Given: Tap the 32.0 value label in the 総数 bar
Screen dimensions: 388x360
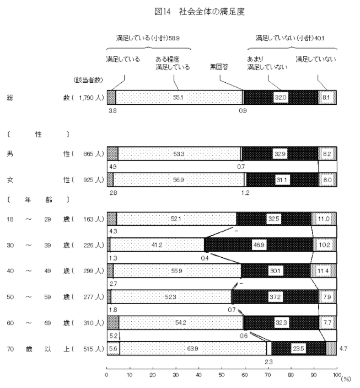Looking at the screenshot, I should tap(281, 97).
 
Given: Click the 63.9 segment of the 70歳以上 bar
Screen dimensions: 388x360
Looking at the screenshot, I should tap(193, 348).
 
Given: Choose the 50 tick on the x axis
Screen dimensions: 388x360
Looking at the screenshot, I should tap(222, 375).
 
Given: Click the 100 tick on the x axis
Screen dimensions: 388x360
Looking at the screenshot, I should tap(336, 375).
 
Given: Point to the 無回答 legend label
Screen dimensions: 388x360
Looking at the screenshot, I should tap(219, 67).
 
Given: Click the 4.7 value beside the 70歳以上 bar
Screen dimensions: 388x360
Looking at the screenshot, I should tap(343, 348).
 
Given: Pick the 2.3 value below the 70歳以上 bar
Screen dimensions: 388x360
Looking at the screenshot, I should tap(268, 362).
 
